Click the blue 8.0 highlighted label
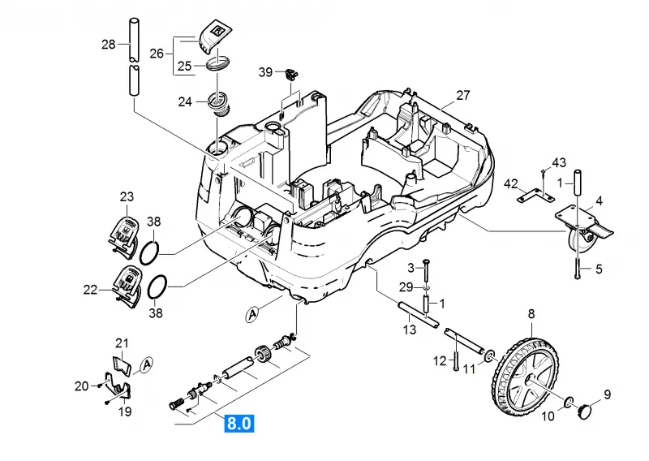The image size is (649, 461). pos(239,424)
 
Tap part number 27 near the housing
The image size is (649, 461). pos(463,95)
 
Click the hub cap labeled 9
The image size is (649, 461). pos(584,411)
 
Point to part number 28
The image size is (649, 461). pos(109,44)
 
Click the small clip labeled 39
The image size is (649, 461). pos(292,74)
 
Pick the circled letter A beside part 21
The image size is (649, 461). pos(146,364)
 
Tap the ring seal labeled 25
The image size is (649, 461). pos(217,63)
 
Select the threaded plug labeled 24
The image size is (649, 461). pos(219,105)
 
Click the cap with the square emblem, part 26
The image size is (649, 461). pos(213,37)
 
